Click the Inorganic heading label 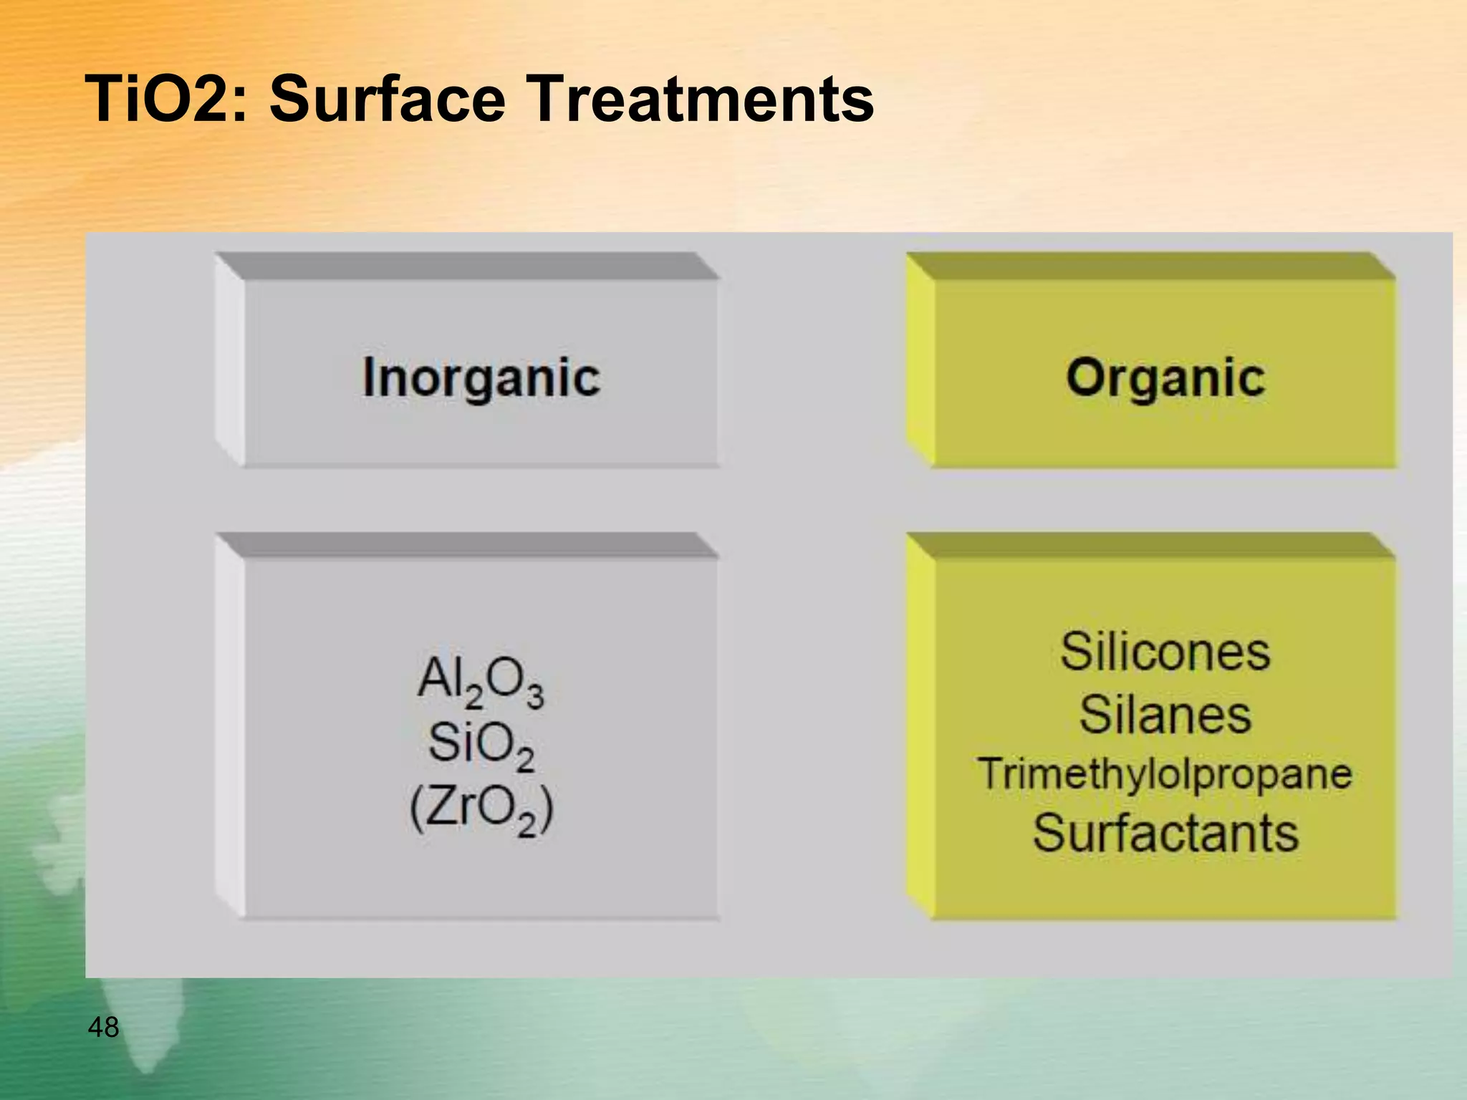click(481, 378)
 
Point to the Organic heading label click(1165, 378)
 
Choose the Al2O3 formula click(481, 680)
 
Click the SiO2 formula click(481, 745)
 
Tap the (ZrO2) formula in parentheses click(481, 809)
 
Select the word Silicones click(1165, 652)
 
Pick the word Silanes click(1165, 715)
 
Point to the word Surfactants click(1165, 834)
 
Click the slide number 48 click(103, 1028)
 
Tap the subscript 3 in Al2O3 click(535, 696)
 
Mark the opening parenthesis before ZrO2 click(416, 809)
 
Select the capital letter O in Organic click(1086, 377)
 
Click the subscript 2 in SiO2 click(525, 759)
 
